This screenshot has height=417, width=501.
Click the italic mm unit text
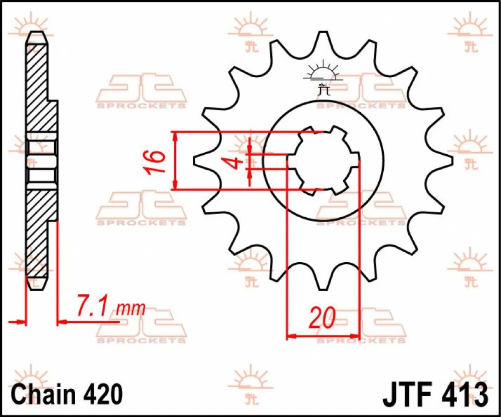tap(131, 309)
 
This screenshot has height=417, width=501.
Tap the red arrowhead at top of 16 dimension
tap(176, 137)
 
